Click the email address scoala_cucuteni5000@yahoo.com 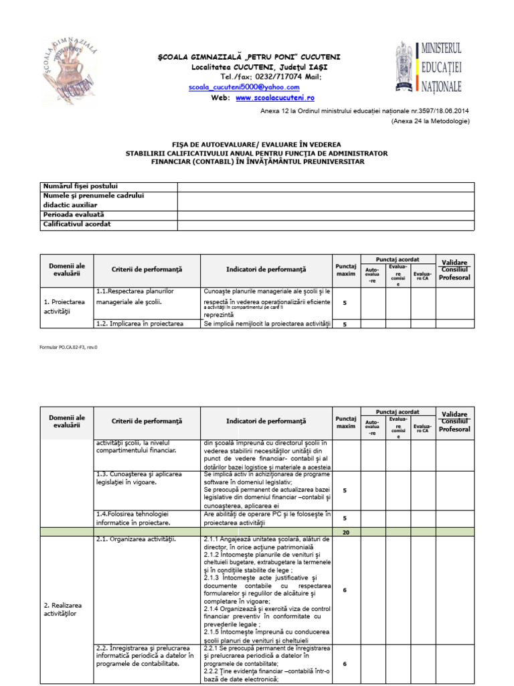pos(244,87)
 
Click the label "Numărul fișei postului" pos(80,186)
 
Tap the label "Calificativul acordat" pos(77,224)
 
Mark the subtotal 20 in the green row pos(345,532)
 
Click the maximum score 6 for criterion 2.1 pos(345,590)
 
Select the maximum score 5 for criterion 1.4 pos(345,518)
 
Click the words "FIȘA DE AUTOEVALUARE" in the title pos(208,145)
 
